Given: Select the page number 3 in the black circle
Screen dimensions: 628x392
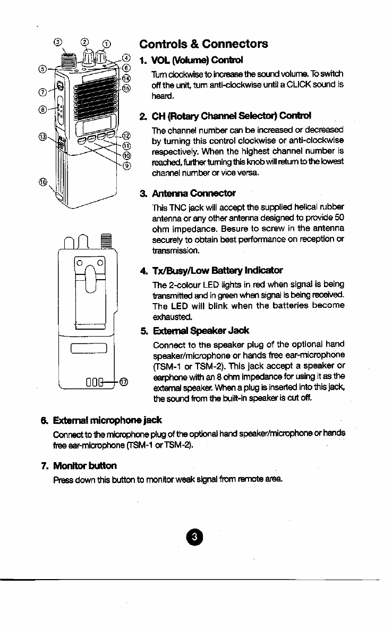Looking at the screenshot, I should tap(195, 537).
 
